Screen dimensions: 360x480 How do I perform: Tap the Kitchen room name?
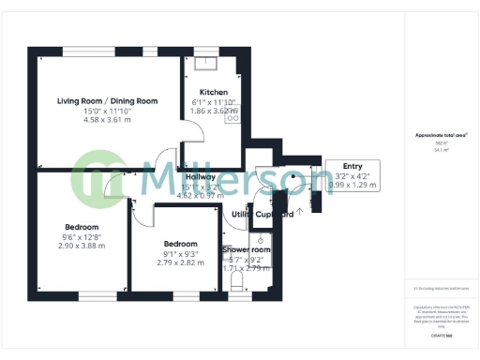(x=215, y=92)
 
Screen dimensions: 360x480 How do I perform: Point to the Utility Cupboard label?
(x=262, y=215)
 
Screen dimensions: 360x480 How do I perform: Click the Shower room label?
(x=247, y=250)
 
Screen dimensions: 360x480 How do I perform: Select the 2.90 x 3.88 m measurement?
(x=81, y=245)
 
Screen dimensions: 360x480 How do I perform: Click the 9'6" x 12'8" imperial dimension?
(x=81, y=235)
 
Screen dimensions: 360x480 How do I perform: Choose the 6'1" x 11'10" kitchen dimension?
(x=215, y=101)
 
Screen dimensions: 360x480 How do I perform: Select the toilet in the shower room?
(x=237, y=282)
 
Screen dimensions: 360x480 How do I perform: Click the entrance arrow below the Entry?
(x=300, y=209)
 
